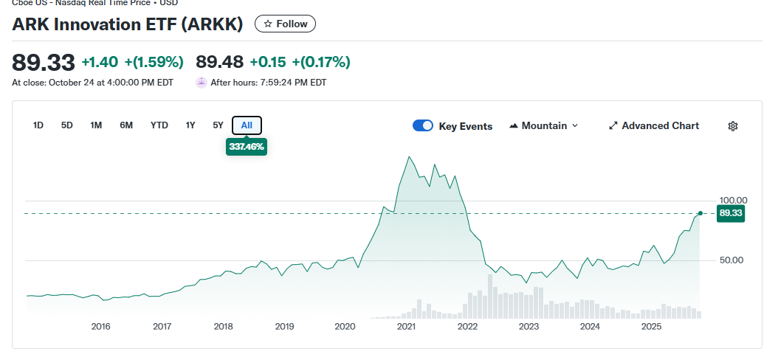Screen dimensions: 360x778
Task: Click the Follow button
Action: pyautogui.click(x=285, y=24)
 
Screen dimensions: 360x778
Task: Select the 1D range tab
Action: pyautogui.click(x=38, y=125)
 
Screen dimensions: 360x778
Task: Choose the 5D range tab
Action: pyautogui.click(x=67, y=125)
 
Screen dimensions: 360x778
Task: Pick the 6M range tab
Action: pyautogui.click(x=126, y=125)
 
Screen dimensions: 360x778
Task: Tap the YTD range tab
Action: pyautogui.click(x=159, y=125)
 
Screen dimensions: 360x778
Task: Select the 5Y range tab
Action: pyautogui.click(x=218, y=125)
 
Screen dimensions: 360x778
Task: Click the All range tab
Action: pyautogui.click(x=247, y=125)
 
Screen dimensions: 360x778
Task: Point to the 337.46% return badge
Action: pyautogui.click(x=247, y=147)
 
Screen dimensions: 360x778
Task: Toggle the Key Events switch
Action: pyautogui.click(x=423, y=126)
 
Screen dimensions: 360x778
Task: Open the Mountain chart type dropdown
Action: pyautogui.click(x=544, y=126)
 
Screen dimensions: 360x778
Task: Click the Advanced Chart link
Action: pyautogui.click(x=653, y=126)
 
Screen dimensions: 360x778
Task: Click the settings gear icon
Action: pyautogui.click(x=733, y=126)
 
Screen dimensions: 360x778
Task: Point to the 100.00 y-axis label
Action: pyautogui.click(x=734, y=200)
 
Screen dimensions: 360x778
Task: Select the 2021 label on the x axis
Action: pyautogui.click(x=406, y=326)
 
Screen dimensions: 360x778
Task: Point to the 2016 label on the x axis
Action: pyautogui.click(x=100, y=326)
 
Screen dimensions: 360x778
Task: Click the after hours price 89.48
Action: pyautogui.click(x=219, y=62)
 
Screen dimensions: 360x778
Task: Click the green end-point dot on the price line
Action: pyautogui.click(x=700, y=213)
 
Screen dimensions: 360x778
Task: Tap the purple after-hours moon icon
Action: pyautogui.click(x=201, y=83)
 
